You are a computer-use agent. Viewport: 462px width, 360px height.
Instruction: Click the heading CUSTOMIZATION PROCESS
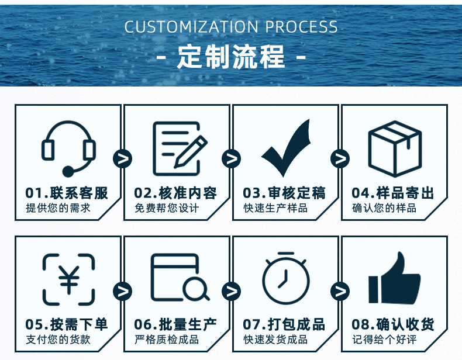231,27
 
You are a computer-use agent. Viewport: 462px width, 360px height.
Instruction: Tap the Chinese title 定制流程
231,57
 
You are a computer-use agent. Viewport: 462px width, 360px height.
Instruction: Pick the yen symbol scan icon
68,279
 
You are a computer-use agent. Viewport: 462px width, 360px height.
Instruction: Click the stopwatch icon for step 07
285,278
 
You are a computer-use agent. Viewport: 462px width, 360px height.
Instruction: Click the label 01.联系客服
67,193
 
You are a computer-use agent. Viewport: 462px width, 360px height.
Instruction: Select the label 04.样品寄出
394,193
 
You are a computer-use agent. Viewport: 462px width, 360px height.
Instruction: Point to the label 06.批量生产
176,325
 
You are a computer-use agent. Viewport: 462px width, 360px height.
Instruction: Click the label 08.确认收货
394,325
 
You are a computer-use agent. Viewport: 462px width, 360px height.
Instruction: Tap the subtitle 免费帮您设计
167,208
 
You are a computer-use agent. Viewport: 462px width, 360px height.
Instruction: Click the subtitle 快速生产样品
275,208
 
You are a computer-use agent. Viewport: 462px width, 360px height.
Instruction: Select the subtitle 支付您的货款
58,340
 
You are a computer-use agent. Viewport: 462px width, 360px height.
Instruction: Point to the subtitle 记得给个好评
384,340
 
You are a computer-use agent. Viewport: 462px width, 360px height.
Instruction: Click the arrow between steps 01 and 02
123,158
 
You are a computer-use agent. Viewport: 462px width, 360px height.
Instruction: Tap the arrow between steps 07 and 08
340,290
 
